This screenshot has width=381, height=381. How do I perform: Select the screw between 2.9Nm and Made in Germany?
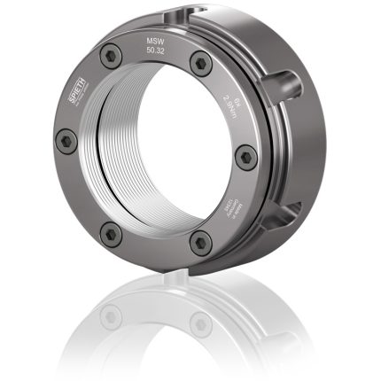point(247,158)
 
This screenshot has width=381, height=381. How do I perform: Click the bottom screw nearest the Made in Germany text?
point(200,237)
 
